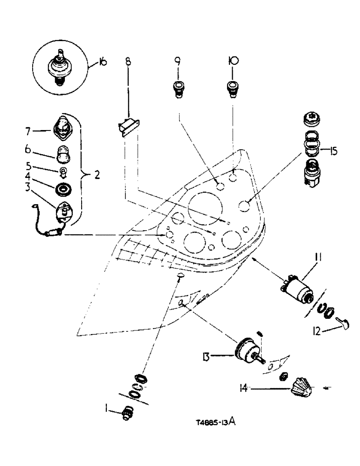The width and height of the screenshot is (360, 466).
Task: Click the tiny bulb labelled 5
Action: point(62,172)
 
